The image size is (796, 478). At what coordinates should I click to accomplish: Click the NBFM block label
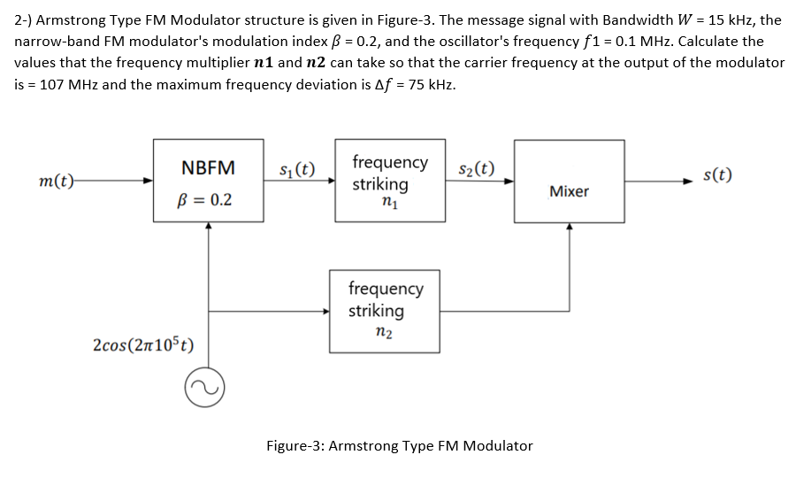tap(208, 168)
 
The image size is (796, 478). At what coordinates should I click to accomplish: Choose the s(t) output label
tap(717, 174)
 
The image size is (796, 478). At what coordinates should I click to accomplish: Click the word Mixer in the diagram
tap(569, 191)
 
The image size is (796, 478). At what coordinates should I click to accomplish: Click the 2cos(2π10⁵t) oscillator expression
tap(143, 343)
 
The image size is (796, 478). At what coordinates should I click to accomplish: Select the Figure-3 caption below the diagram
tap(400, 445)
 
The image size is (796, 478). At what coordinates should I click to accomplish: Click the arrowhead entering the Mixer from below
tap(569, 228)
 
